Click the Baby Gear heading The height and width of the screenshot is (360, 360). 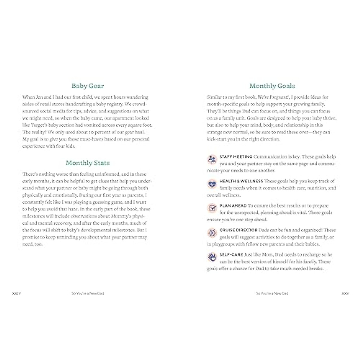point(88,86)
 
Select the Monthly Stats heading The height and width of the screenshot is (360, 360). point(88,163)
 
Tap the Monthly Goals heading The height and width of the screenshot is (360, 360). point(272,86)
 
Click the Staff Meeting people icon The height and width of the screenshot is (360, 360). point(212,159)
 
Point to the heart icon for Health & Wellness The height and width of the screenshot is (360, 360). point(212,184)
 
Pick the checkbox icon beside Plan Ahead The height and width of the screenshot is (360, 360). point(212,208)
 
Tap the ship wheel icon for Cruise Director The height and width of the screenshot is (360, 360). point(212,233)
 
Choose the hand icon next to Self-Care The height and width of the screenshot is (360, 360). point(212,257)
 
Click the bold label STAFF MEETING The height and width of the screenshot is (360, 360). point(236,157)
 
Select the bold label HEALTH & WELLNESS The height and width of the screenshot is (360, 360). point(241,181)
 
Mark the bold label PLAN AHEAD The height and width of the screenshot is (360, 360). point(233,206)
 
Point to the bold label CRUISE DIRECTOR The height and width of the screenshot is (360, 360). point(238,230)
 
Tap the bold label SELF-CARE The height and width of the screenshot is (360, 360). point(231,255)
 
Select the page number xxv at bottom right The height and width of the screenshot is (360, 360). point(345,293)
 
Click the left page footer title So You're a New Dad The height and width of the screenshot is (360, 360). point(88,293)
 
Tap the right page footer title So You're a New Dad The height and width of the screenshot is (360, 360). point(272,293)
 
